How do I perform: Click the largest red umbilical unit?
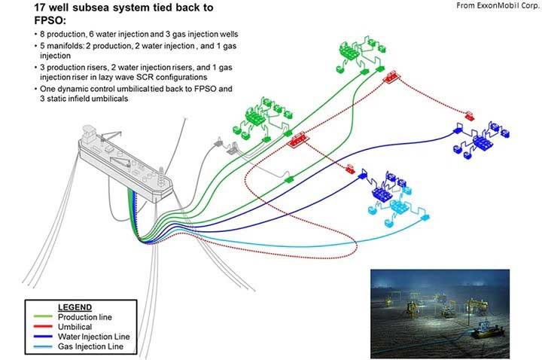[x=297, y=139]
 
